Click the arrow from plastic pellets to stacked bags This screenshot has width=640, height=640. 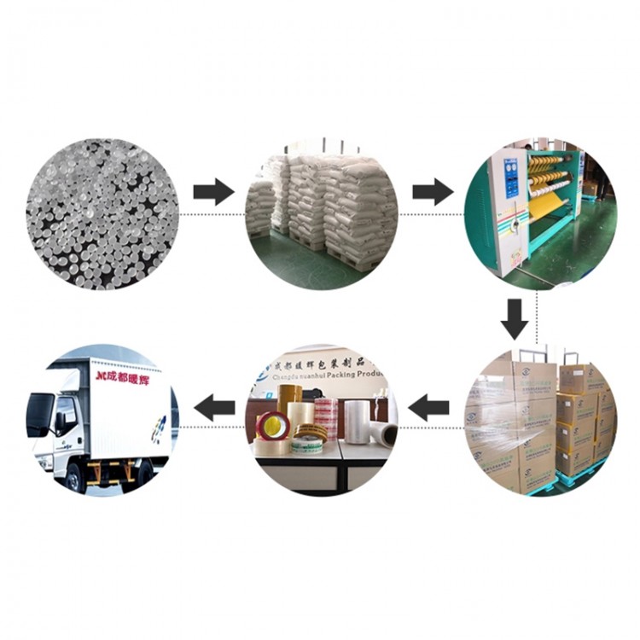213,192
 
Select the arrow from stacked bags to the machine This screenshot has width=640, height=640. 433,192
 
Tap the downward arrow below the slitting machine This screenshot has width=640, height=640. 515,317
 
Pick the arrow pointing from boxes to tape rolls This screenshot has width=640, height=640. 429,409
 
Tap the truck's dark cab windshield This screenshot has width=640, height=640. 39,413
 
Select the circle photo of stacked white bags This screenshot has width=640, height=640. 322,213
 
